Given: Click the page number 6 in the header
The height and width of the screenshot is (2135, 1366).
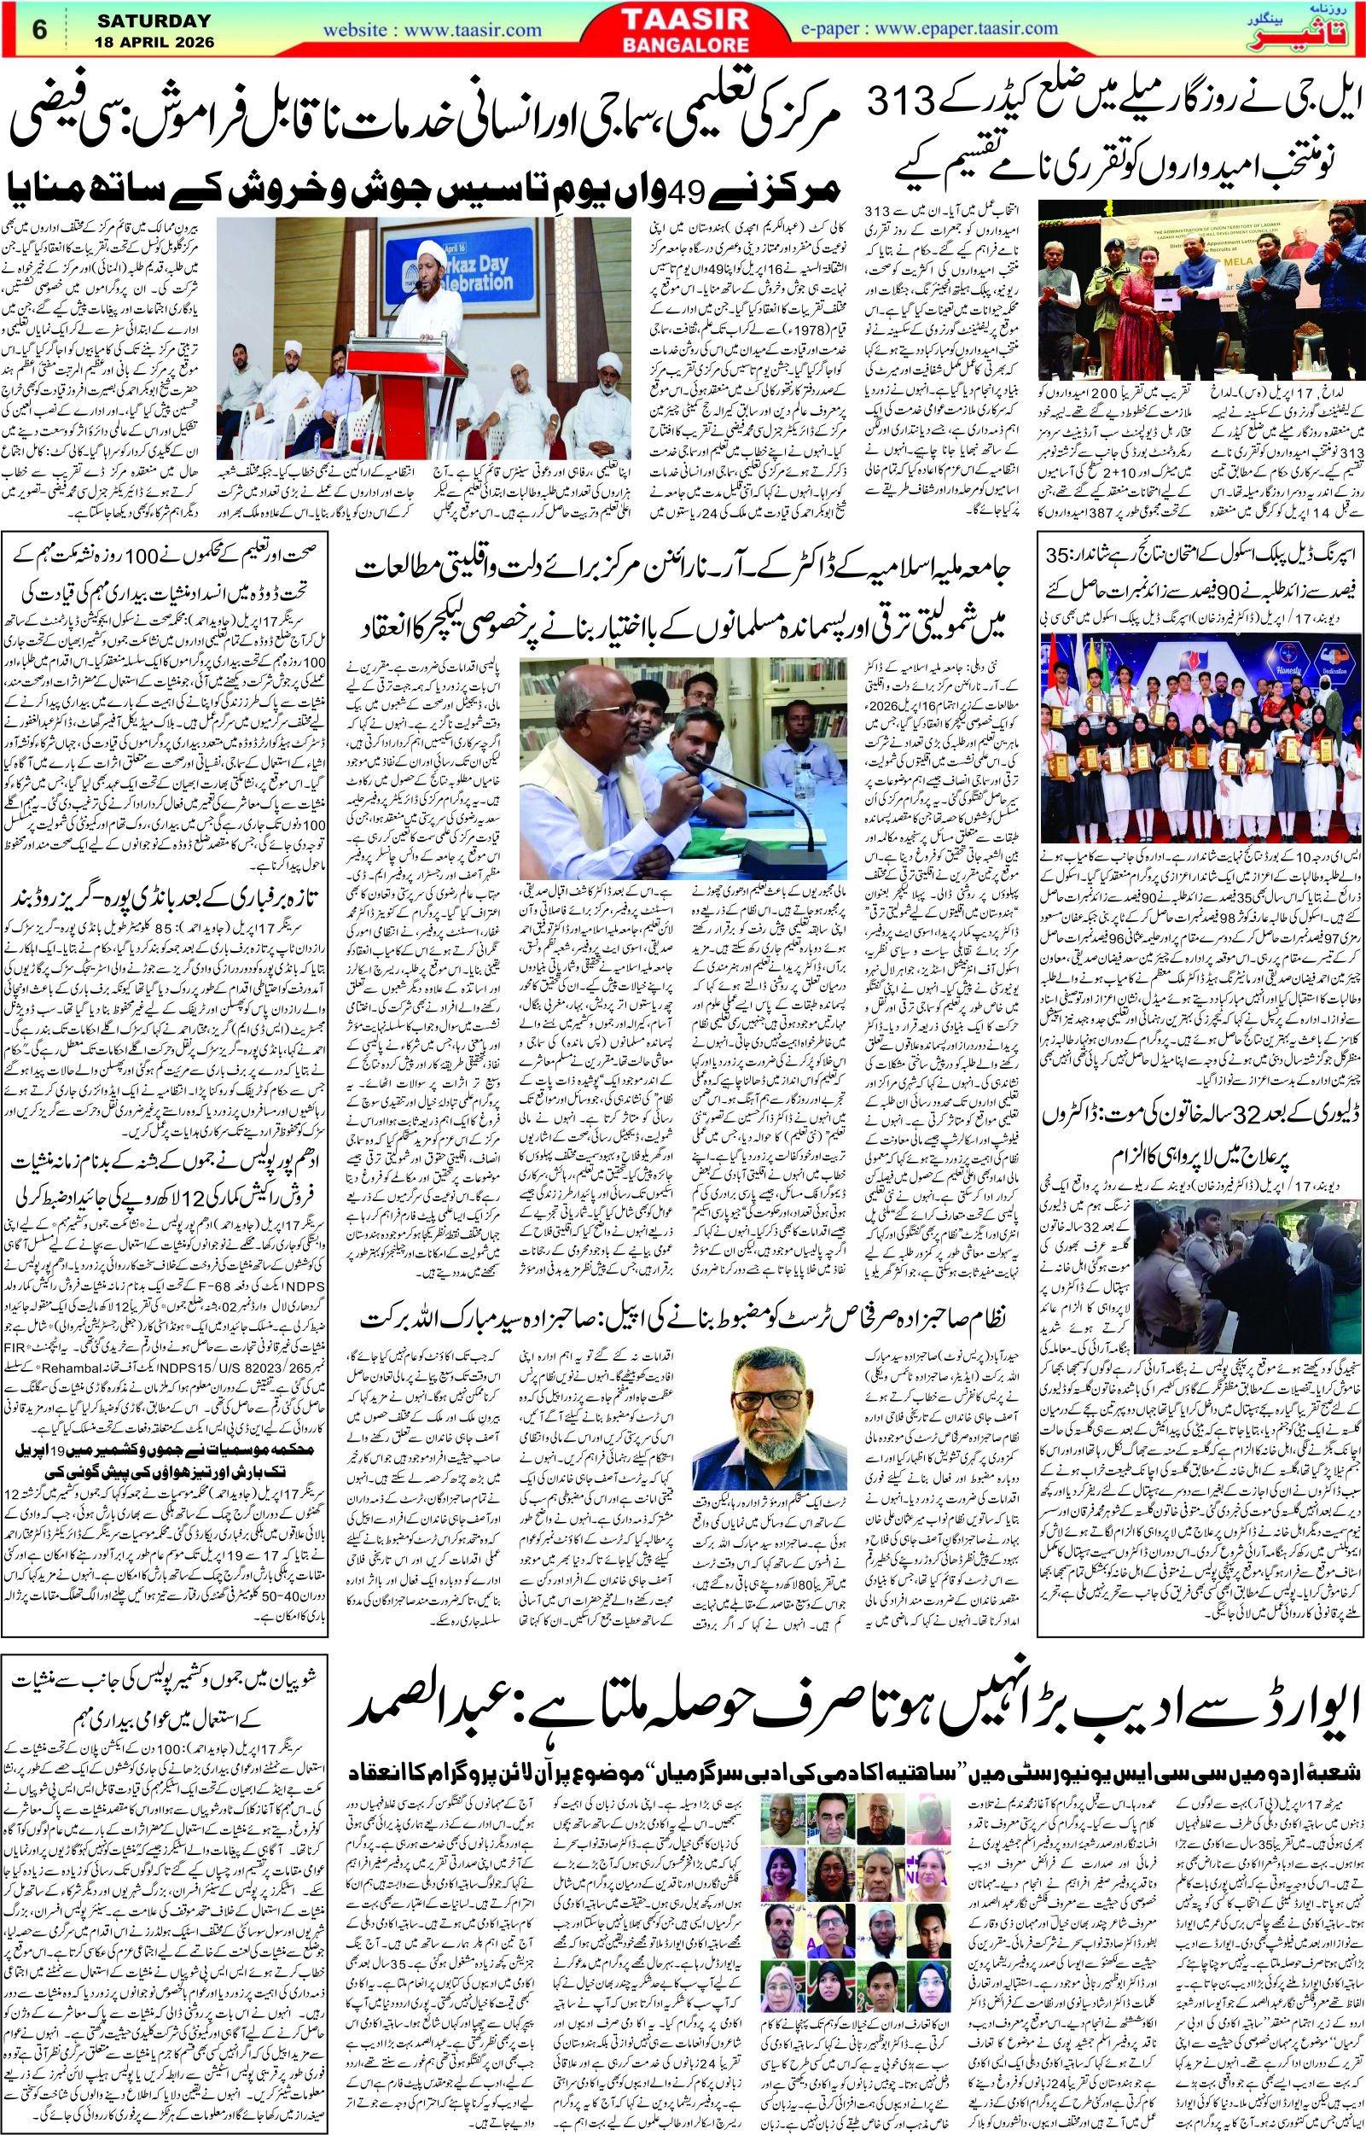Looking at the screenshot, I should pyautogui.click(x=39, y=27).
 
